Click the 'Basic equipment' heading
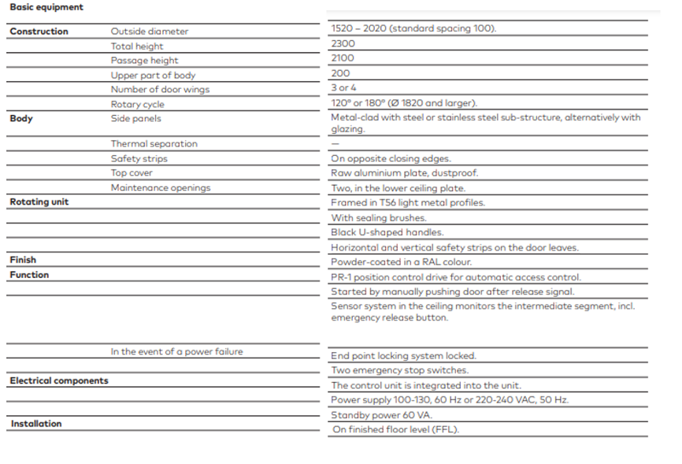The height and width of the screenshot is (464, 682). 46,7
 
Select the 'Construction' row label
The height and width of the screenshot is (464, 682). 39,32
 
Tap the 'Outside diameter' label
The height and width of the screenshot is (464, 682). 150,32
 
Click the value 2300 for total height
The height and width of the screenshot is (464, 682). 343,43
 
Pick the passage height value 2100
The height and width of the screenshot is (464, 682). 343,58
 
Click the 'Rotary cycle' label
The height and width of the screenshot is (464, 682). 138,104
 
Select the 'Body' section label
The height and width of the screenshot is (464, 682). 21,119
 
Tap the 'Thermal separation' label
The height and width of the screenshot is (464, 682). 154,143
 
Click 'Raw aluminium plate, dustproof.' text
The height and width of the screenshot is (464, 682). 404,173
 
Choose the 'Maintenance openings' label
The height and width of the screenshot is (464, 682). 161,187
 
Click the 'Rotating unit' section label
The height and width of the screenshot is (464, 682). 39,202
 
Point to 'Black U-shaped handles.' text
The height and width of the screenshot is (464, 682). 387,232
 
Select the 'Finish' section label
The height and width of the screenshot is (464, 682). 23,260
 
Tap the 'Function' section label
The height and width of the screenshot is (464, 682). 29,275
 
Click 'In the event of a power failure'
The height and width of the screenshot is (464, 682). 176,351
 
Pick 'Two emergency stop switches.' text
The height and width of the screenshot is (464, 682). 399,370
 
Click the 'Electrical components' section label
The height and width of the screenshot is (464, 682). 59,381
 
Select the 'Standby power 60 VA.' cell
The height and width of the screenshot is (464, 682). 381,415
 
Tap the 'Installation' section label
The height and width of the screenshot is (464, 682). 36,424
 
